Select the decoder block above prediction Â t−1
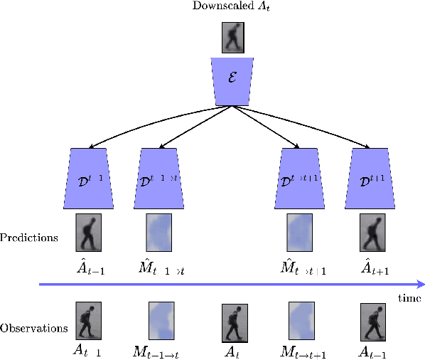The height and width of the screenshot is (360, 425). click(90, 178)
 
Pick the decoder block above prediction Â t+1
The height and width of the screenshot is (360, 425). click(372, 178)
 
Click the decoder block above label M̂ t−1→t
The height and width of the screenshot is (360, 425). click(160, 178)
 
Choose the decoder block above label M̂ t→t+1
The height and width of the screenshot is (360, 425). click(301, 178)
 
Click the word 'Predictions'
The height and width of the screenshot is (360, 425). click(29, 238)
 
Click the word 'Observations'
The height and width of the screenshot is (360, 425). click(34, 329)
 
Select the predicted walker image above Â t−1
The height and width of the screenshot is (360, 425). click(90, 233)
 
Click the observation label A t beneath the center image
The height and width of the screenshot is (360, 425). click(232, 351)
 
